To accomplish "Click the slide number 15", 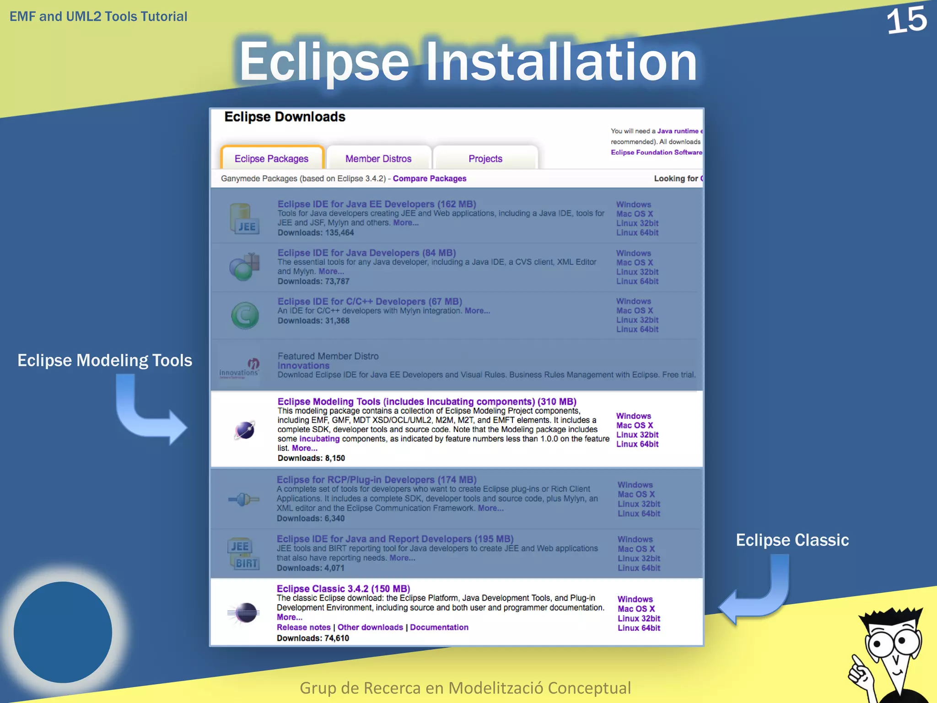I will [x=906, y=21].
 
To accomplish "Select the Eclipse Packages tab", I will [x=272, y=158].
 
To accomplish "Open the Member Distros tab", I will [x=378, y=158].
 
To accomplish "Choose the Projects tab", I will [x=485, y=158].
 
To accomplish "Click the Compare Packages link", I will [x=429, y=178].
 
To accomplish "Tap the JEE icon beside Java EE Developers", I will [x=245, y=219].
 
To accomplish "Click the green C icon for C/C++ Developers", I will [x=245, y=315].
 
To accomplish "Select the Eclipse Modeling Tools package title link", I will [x=426, y=401].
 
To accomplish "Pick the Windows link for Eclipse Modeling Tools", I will [x=633, y=416].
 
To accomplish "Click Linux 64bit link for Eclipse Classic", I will [x=639, y=628].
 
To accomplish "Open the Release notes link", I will [x=303, y=627].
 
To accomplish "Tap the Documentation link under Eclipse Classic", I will [x=439, y=627].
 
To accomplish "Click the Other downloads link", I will [x=370, y=627].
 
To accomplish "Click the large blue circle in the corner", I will [x=63, y=632].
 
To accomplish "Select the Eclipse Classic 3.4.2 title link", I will [x=343, y=589].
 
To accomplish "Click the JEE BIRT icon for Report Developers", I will [x=243, y=554].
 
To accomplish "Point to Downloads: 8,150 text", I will [x=311, y=458].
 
